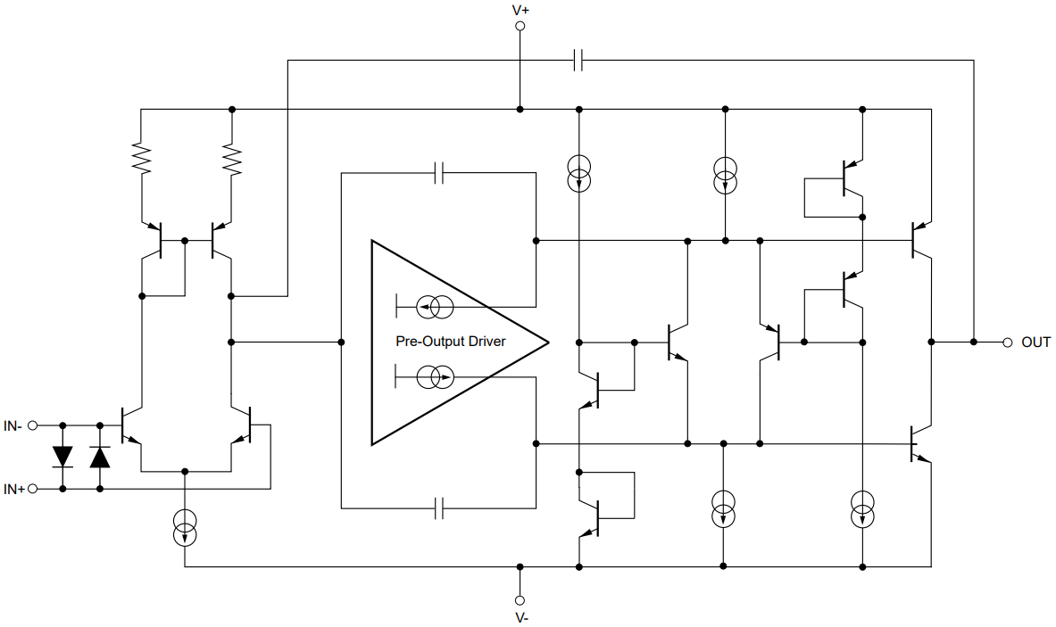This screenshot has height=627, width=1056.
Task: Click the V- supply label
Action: (x=521, y=617)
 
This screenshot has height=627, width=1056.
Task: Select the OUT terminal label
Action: (x=1035, y=342)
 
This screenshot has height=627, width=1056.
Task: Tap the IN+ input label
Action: (x=13, y=489)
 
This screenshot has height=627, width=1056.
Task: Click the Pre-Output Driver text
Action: (x=450, y=342)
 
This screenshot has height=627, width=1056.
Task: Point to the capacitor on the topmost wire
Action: (x=578, y=61)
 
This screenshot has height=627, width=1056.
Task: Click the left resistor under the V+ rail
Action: (x=141, y=159)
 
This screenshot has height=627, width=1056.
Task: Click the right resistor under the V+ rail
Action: (x=232, y=159)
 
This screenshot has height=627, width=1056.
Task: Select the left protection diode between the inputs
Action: (x=62, y=457)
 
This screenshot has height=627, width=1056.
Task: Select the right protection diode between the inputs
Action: (x=100, y=457)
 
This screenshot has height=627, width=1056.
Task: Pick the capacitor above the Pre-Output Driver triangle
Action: (x=438, y=173)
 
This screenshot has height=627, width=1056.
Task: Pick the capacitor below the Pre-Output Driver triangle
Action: (x=438, y=509)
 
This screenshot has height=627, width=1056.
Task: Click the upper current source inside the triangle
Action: (x=437, y=308)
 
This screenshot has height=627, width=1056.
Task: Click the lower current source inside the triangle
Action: (x=437, y=377)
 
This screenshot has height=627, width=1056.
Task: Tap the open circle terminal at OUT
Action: (x=1007, y=342)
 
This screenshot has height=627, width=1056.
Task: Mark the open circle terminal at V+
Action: (x=520, y=27)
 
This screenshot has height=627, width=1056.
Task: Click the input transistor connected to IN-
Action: (x=132, y=426)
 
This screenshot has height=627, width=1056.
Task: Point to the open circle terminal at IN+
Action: (x=33, y=489)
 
